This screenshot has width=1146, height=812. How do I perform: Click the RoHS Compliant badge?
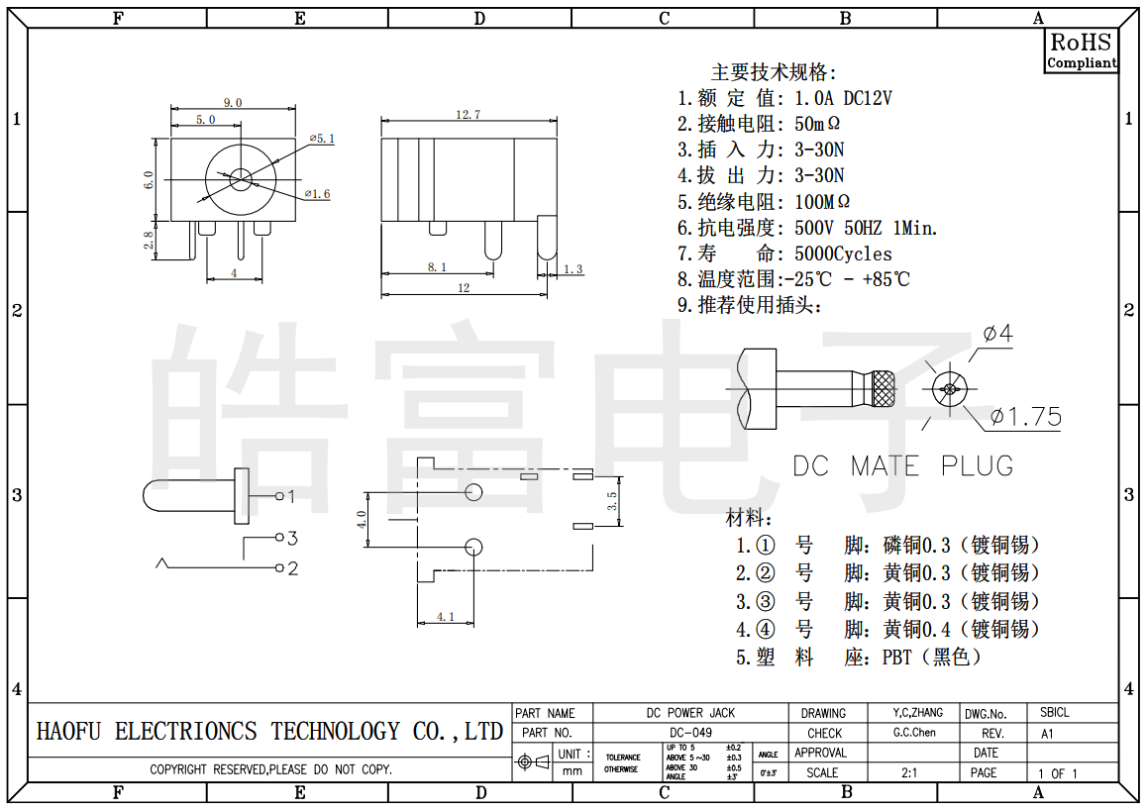click(x=1082, y=50)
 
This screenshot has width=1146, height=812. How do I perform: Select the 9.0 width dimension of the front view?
click(x=233, y=102)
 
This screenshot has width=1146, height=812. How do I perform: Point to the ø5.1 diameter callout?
click(x=322, y=139)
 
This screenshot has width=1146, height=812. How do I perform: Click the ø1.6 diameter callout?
click(x=317, y=193)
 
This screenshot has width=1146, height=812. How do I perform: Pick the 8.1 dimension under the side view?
click(x=437, y=266)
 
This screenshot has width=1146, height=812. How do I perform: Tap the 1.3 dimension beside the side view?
click(x=573, y=268)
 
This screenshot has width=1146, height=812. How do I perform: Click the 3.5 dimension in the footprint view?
click(x=612, y=501)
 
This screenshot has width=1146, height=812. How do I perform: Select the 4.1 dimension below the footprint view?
click(x=445, y=616)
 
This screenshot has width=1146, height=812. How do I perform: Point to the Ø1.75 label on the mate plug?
click(x=1025, y=416)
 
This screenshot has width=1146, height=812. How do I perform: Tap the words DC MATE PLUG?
click(x=902, y=465)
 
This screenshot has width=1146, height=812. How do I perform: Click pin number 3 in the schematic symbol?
click(x=292, y=538)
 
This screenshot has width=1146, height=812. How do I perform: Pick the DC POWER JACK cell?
click(x=690, y=713)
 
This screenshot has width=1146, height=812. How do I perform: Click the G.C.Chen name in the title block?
click(x=913, y=733)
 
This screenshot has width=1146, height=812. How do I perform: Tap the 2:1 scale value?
click(x=908, y=772)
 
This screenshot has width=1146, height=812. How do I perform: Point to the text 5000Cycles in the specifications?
click(x=843, y=254)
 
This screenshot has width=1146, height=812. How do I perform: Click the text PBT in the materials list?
click(x=899, y=657)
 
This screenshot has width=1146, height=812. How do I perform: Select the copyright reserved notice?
click(x=270, y=769)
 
